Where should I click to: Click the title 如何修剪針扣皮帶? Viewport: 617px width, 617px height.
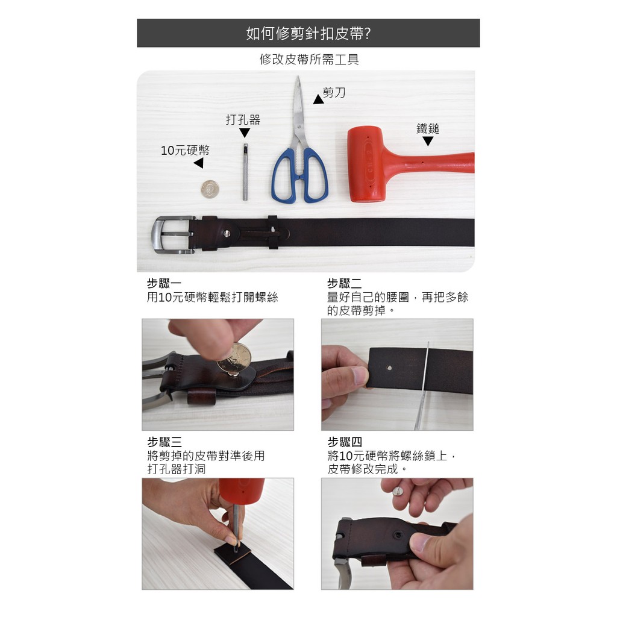pyautogui.click(x=308, y=34)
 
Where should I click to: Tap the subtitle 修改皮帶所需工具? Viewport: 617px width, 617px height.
pyautogui.click(x=309, y=60)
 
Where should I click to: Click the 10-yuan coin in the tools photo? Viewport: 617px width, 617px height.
pyautogui.click(x=210, y=189)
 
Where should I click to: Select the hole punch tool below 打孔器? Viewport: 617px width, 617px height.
pyautogui.click(x=245, y=172)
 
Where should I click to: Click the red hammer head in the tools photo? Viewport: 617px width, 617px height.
pyautogui.click(x=367, y=164)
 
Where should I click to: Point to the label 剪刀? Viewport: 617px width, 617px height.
pyautogui.click(x=334, y=92)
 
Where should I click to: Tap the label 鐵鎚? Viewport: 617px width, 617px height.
pyautogui.click(x=428, y=129)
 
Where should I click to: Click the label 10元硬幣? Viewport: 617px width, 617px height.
pyautogui.click(x=185, y=150)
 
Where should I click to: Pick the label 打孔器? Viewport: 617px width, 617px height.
pyautogui.click(x=243, y=120)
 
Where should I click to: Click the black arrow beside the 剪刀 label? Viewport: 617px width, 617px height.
pyautogui.click(x=318, y=99)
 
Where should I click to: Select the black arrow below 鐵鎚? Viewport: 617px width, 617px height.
pyautogui.click(x=428, y=141)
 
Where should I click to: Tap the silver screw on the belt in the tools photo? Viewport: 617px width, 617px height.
pyautogui.click(x=227, y=234)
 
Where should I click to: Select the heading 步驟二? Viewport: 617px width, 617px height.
pyautogui.click(x=344, y=283)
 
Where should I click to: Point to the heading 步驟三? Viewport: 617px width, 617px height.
pyautogui.click(x=164, y=442)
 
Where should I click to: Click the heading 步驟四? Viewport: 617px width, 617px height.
pyautogui.click(x=345, y=442)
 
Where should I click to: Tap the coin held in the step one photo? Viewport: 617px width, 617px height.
pyautogui.click(x=234, y=358)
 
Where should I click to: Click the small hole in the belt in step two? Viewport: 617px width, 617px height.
pyautogui.click(x=389, y=368)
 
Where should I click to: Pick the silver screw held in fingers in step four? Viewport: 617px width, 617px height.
pyautogui.click(x=398, y=492)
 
